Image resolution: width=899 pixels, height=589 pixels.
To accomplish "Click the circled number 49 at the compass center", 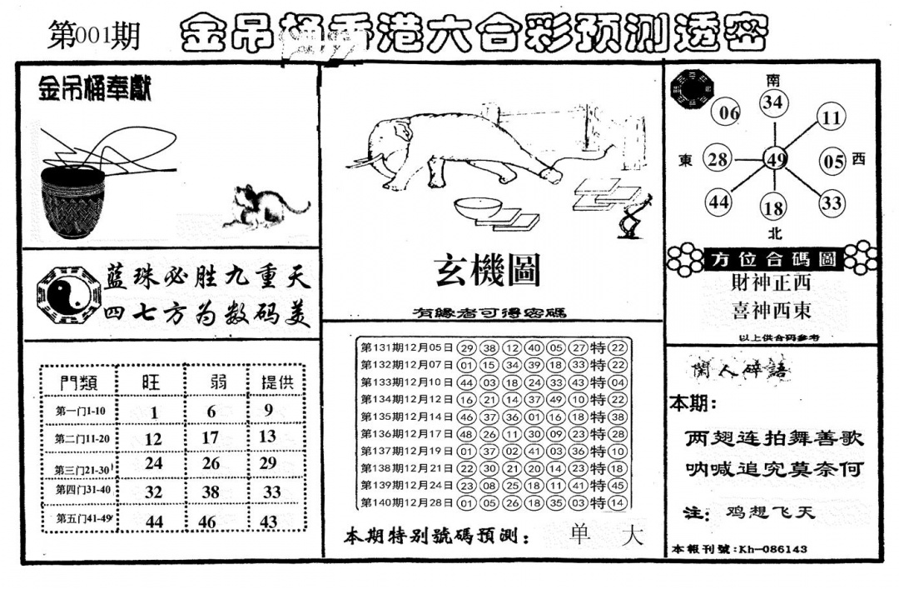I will tap(775, 160).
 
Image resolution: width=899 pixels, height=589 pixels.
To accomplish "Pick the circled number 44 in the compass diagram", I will tap(719, 202).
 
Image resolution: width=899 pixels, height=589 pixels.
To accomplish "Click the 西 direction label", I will tap(859, 159).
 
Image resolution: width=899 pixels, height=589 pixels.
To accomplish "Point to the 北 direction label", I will tap(774, 233).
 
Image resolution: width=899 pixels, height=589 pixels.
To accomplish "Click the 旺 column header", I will tap(151, 382).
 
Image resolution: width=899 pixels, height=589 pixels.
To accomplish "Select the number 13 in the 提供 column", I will tap(267, 437).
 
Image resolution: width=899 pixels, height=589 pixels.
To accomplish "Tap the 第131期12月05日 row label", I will tap(407, 347).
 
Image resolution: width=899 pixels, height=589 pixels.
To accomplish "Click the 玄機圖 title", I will tap(487, 270).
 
